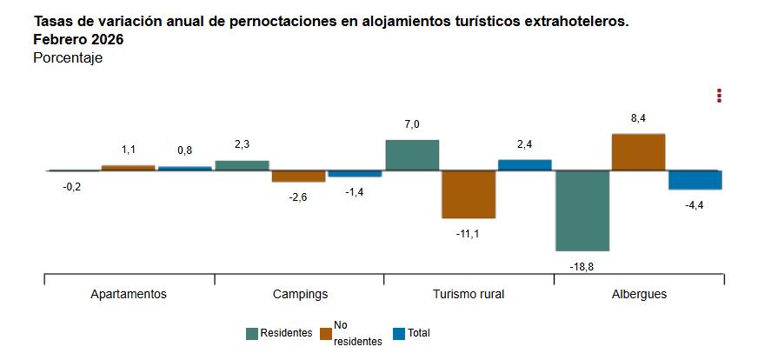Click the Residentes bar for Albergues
tap(582, 210)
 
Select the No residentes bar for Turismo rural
tap(469, 194)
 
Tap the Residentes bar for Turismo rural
tap(412, 155)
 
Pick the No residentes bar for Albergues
tap(639, 152)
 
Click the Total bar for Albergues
tap(695, 180)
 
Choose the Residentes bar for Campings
tap(242, 165)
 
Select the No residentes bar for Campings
tap(298, 177)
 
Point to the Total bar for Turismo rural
tap(524, 165)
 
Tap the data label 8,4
tap(638, 118)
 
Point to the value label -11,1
tap(468, 234)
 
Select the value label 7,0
tap(412, 124)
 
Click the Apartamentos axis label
tap(129, 294)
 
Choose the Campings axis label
tap(300, 294)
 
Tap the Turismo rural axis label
tap(469, 294)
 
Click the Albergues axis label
tap(639, 294)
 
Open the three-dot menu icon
tap(719, 96)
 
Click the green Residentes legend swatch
tap(252, 333)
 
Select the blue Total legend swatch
tap(399, 333)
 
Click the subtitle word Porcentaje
tap(68, 58)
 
